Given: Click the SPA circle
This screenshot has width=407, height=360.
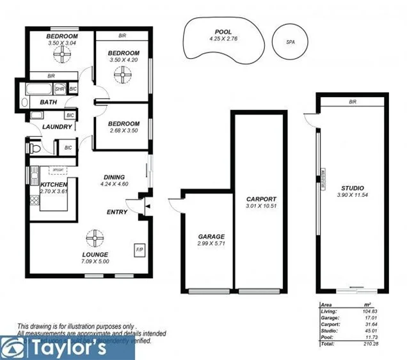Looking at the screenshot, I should (x=290, y=42).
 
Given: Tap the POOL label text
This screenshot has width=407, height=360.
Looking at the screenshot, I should (x=223, y=32).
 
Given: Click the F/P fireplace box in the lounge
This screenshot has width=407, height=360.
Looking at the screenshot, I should (x=138, y=249).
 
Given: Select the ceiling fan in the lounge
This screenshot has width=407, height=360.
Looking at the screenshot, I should (x=93, y=238).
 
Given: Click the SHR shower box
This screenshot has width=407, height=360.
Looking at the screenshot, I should (x=60, y=88).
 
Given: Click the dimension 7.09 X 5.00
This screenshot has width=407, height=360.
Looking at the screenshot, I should (x=93, y=262).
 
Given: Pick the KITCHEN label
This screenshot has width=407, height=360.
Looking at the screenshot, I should (x=36, y=184).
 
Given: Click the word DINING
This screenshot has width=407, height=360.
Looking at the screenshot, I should (x=114, y=177).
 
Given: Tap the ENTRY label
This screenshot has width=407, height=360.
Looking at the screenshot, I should (x=116, y=212).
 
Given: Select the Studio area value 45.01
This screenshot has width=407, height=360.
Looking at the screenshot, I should (x=366, y=329).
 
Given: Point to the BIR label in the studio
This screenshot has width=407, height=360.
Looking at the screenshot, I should (x=352, y=102).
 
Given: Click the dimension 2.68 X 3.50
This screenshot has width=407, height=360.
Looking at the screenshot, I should (x=124, y=130).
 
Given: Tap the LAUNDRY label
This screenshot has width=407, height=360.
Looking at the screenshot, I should (x=57, y=127).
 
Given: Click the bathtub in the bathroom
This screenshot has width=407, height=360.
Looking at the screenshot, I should (x=36, y=89).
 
